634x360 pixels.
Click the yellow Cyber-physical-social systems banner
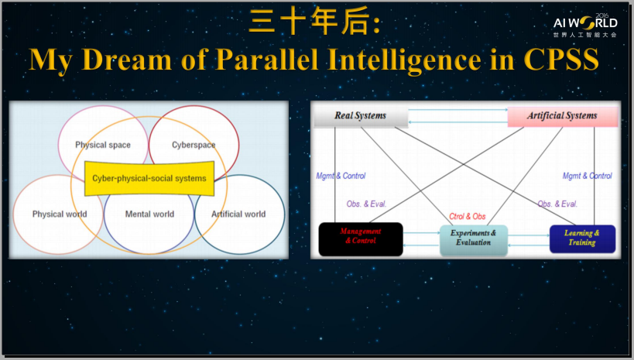[x=149, y=178]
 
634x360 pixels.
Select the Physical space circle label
[x=103, y=145]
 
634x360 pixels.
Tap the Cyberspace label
[x=194, y=145]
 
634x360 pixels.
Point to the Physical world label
[x=60, y=214]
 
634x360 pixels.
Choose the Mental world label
[x=149, y=214]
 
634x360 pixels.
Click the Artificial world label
[x=238, y=214]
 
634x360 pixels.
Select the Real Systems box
[x=361, y=116]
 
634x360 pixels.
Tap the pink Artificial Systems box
[x=563, y=116]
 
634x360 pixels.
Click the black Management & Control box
[x=361, y=239]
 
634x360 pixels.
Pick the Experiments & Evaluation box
[x=474, y=240]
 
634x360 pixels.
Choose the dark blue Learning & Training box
[x=582, y=239]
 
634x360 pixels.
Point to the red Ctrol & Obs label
[x=468, y=217]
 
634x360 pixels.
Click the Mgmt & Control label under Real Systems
[x=341, y=176]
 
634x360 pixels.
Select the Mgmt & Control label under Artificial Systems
[x=587, y=176]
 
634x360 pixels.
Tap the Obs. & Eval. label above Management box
[x=366, y=204]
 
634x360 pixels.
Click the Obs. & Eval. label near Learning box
[x=557, y=204]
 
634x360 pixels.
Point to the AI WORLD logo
[x=585, y=25]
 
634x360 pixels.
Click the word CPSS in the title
[x=561, y=59]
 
